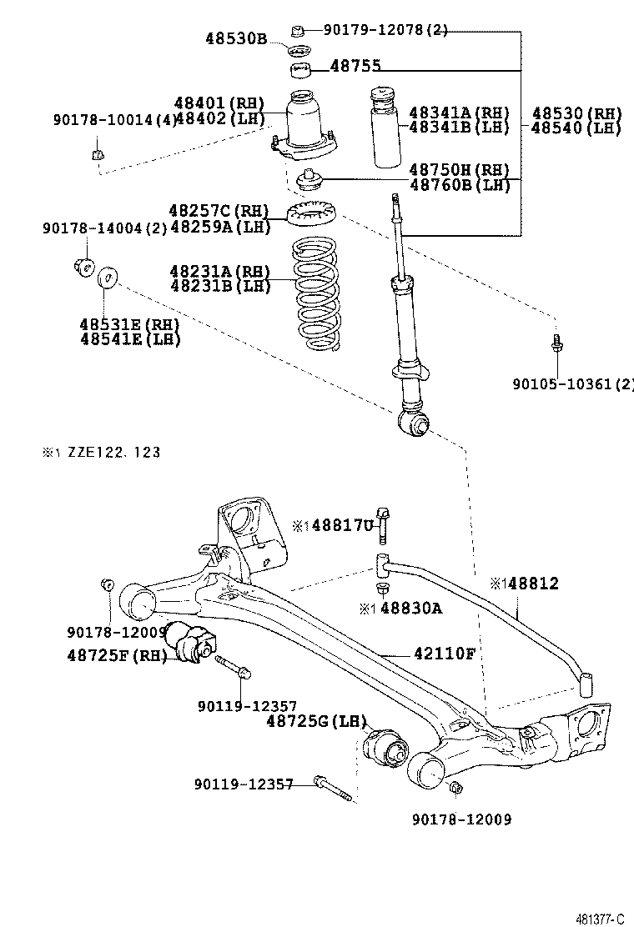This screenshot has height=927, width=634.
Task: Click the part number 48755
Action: pos(358,66)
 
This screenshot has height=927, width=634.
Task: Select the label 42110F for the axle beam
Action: pos(444,653)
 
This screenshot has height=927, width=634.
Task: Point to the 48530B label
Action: pos(236,38)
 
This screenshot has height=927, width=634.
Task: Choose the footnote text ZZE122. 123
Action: pos(108,453)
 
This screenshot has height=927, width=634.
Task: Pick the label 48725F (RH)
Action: pos(115,655)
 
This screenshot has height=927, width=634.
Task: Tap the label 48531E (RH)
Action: pos(130,324)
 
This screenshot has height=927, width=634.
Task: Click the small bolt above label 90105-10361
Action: pos(556,343)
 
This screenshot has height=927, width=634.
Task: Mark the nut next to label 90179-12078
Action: pos(297,32)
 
